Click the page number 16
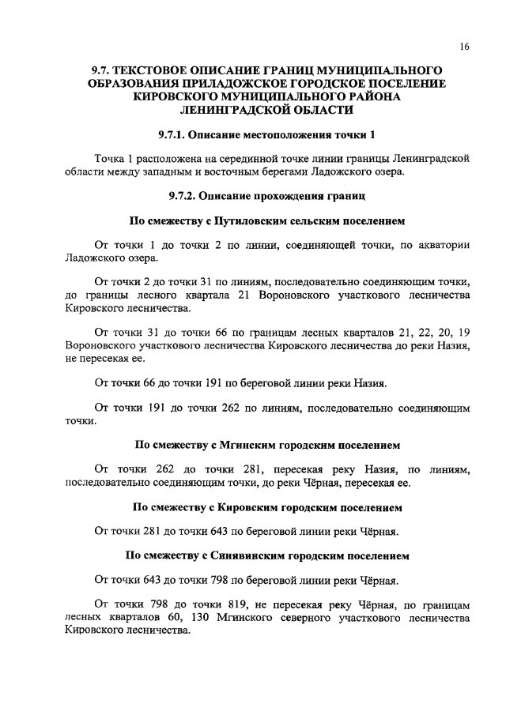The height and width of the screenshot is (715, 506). [x=464, y=47]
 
